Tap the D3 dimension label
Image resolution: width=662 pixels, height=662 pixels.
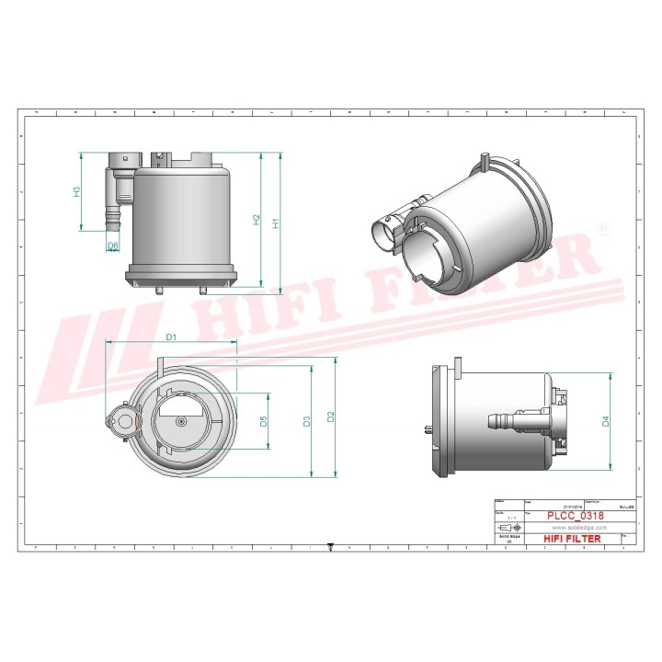coord(307,421)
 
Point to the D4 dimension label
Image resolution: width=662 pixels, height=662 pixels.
coord(605,421)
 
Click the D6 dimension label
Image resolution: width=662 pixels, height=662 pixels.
coord(113,245)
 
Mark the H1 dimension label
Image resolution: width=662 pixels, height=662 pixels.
coord(275,221)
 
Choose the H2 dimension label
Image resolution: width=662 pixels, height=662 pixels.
coord(257,221)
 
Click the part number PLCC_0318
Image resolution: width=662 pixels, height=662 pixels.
coord(576,517)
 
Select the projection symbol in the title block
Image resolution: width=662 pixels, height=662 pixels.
coord(508,529)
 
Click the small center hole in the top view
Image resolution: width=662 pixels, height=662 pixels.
coord(182,421)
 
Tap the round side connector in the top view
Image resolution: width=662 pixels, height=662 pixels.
coord(121,421)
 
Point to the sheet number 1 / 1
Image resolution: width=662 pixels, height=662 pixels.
coord(508,518)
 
